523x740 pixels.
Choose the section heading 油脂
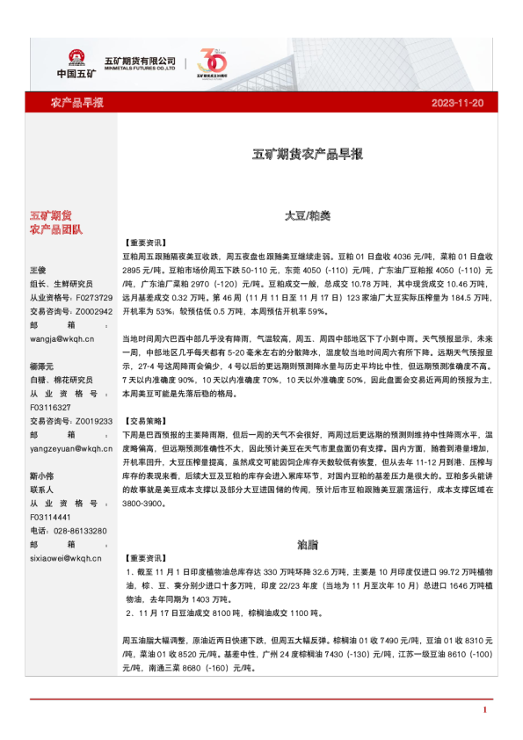click(308, 545)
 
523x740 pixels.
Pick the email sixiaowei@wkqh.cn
click(66, 557)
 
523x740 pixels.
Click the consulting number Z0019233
click(93, 422)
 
